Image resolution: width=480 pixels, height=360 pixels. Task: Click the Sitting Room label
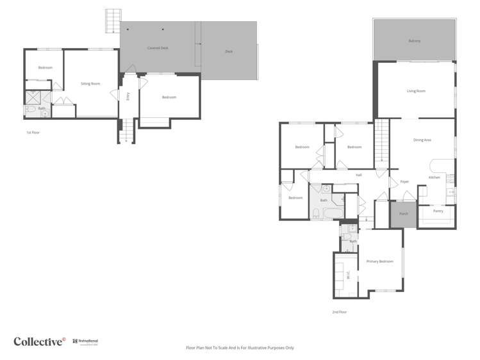tap(90, 84)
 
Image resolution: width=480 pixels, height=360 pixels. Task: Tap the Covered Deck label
tap(157, 48)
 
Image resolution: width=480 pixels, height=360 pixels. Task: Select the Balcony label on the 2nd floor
tap(415, 41)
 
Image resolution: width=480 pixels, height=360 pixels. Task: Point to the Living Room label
tap(416, 91)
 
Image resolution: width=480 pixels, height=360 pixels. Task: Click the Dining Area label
tap(422, 140)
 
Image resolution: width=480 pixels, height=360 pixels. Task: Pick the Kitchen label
tap(434, 177)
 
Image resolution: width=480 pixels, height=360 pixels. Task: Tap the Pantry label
tap(438, 211)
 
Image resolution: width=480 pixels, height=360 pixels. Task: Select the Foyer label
tap(404, 182)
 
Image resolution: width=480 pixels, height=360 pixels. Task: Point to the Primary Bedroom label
tap(380, 261)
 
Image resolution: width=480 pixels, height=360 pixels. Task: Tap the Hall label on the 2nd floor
tap(359, 175)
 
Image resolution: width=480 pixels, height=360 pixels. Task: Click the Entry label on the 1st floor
tap(128, 97)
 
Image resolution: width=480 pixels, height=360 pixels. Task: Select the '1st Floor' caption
tap(33, 133)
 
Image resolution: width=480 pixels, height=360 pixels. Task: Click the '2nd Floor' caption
tap(339, 312)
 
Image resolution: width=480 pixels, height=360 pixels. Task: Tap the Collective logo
tap(39, 341)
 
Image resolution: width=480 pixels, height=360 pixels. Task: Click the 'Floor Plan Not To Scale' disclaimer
tap(240, 348)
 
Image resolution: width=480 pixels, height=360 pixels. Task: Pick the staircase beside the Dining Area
tap(382, 143)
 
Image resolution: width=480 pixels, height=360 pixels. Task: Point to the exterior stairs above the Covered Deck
tap(113, 20)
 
